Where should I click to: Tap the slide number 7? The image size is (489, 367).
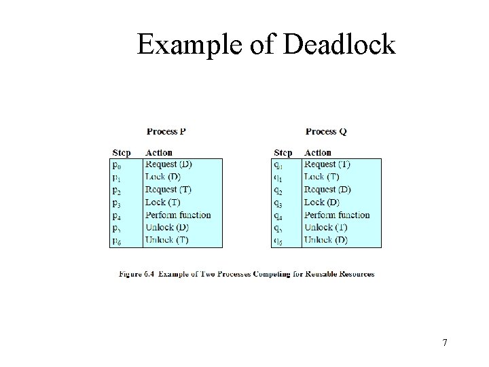(445, 343)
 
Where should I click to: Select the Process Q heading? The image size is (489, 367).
(326, 131)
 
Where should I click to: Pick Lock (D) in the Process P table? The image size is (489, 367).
(163, 177)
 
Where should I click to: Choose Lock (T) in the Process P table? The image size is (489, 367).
(163, 202)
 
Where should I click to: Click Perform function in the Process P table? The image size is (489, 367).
(178, 215)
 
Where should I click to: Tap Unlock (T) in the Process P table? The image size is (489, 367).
(166, 240)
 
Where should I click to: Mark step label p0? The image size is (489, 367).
(117, 165)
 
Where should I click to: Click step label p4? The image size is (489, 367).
(117, 215)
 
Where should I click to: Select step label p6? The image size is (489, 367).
(117, 241)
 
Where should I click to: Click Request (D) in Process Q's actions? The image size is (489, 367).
(327, 190)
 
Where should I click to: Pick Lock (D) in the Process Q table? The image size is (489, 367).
(321, 202)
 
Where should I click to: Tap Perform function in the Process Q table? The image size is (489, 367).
(337, 215)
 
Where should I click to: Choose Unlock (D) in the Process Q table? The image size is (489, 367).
(326, 240)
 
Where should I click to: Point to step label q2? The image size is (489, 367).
(278, 190)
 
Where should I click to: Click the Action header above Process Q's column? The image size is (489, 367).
(318, 153)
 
